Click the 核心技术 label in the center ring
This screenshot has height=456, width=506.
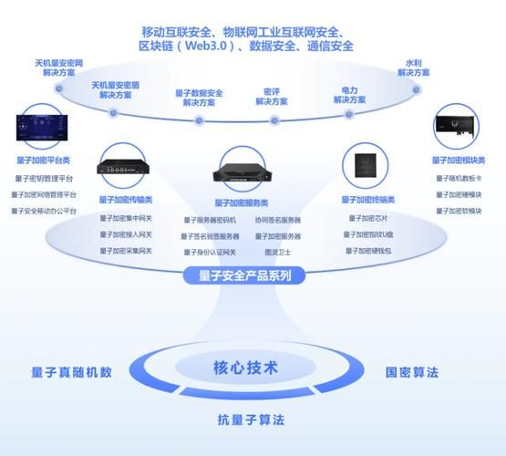coord(245,368)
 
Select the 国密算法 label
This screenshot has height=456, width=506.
coord(412,372)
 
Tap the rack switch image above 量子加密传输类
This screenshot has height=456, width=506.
coord(126,167)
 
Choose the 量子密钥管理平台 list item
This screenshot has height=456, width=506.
coord(44,179)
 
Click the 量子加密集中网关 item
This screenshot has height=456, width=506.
coord(126,218)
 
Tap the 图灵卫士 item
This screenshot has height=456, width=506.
coord(277,252)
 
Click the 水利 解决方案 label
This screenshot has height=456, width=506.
coord(414,69)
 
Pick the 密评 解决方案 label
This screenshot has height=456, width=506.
coord(272,97)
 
